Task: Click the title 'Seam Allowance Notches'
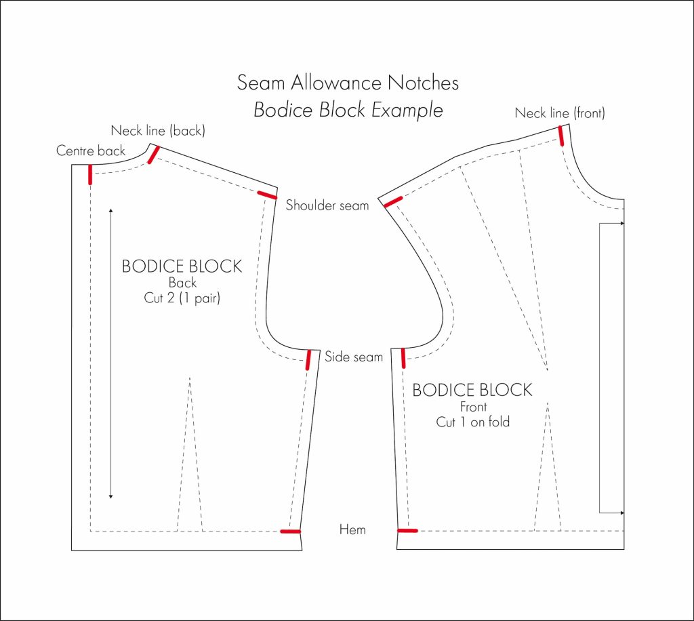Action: [x=348, y=83]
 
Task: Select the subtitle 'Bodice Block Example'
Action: [x=348, y=110]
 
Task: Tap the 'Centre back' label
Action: [x=91, y=151]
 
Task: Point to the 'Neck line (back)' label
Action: [x=158, y=130]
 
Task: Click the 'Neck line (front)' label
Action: [x=560, y=113]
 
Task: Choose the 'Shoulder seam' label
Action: [x=327, y=205]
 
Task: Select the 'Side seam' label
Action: [x=354, y=357]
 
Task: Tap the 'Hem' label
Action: [x=352, y=529]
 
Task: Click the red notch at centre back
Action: [x=90, y=174]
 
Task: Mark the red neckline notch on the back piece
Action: [x=154, y=155]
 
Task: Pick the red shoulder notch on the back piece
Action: [x=267, y=195]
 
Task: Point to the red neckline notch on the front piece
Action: [x=562, y=136]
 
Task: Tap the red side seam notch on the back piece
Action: [x=308, y=359]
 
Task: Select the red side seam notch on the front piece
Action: [x=403, y=357]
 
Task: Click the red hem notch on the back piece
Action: [x=291, y=532]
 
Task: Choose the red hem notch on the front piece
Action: [x=408, y=531]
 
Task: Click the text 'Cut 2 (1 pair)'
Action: [x=182, y=298]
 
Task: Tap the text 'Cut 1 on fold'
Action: [x=472, y=422]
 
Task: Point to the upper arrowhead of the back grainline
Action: [x=111, y=212]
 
